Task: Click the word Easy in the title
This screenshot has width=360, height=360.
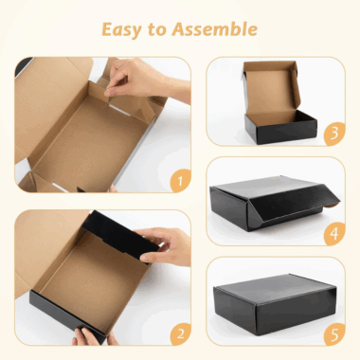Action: pyautogui.click(x=121, y=30)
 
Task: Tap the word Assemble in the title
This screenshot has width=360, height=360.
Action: pyautogui.click(x=215, y=29)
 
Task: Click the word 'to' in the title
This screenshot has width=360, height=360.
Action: pyautogui.click(x=156, y=30)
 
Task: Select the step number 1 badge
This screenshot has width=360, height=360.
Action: pyautogui.click(x=180, y=181)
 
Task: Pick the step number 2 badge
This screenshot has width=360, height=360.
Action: pyautogui.click(x=181, y=333)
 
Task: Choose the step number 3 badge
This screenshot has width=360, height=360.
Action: pyautogui.click(x=334, y=134)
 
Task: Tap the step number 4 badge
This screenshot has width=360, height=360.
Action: pyautogui.click(x=334, y=234)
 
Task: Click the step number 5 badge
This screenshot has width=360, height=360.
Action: pyautogui.click(x=334, y=333)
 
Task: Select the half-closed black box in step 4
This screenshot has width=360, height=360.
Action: pyautogui.click(x=274, y=202)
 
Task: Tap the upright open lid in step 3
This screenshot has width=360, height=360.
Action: pyautogui.click(x=271, y=87)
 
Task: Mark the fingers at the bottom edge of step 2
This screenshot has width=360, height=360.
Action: pyautogui.click(x=92, y=337)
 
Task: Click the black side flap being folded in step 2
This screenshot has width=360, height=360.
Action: pyautogui.click(x=120, y=234)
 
